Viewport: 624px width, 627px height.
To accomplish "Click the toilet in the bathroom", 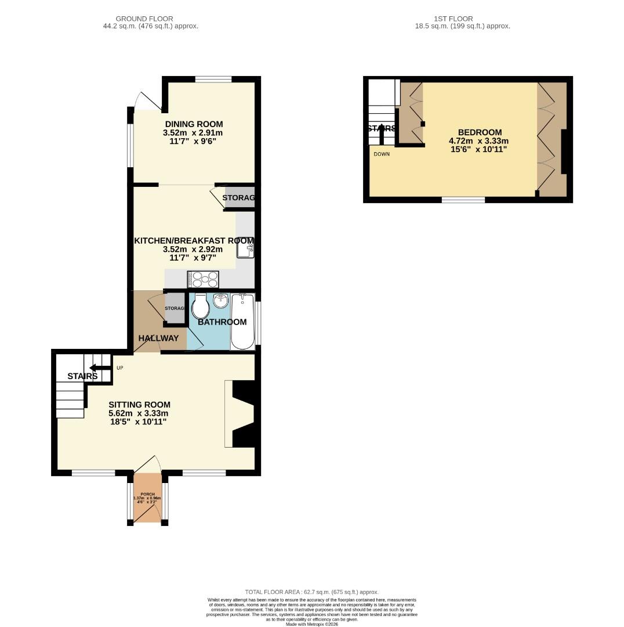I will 201,307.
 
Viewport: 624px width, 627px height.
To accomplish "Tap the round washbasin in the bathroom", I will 220,301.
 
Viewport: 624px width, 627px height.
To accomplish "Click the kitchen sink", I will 245,250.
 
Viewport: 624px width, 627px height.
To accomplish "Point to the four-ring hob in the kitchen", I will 203,279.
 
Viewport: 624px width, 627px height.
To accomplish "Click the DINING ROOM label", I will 194,124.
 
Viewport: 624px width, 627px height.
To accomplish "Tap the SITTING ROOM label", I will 139,405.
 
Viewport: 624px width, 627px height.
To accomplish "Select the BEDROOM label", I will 479,132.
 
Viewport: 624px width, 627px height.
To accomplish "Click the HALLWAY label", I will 158,338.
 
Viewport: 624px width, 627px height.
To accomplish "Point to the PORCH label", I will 147,493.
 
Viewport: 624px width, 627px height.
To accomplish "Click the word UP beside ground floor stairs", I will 120,368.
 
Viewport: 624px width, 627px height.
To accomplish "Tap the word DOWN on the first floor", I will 382,154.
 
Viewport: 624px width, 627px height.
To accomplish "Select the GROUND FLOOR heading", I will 144,19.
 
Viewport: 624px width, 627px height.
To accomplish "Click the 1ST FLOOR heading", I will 453,19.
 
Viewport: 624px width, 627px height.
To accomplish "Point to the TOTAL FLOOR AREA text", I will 311,592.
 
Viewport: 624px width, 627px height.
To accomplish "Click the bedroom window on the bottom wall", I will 463,200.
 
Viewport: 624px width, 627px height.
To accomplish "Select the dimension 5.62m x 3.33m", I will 139,413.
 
